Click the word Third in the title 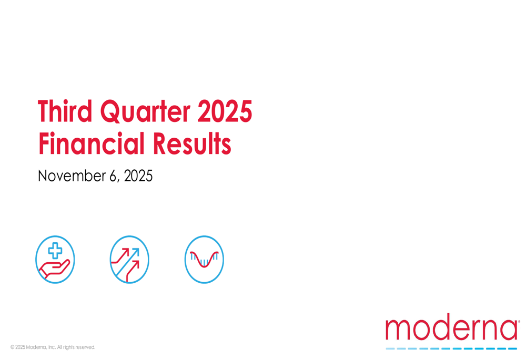pos(65,112)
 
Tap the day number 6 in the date pos(113,176)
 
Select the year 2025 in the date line pos(138,176)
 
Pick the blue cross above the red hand pos(55,251)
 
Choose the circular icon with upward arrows pos(129,260)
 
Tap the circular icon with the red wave pos(204,260)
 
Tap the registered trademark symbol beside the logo pos(519,321)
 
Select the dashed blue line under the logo pos(451,348)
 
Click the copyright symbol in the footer pos(12,347)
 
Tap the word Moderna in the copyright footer pos(36,347)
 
